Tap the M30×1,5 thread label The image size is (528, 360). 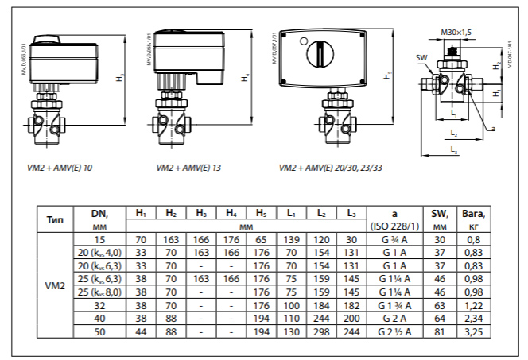(456, 32)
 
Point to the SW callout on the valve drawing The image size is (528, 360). (421, 58)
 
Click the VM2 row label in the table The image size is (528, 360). (55, 284)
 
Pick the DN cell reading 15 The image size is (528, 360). (100, 238)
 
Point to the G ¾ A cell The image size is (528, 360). (394, 238)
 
